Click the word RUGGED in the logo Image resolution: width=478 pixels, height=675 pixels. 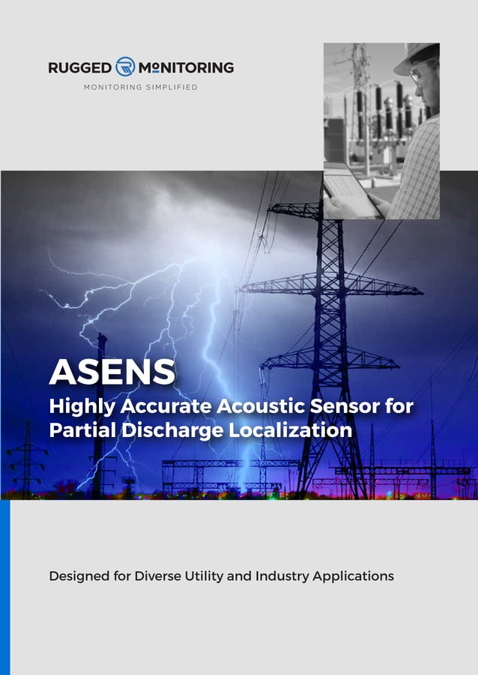[80, 68]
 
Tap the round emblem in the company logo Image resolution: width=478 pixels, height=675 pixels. [125, 67]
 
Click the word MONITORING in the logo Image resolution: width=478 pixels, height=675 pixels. [186, 68]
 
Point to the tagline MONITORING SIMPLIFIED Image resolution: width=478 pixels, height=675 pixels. [140, 88]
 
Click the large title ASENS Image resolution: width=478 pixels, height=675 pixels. [112, 371]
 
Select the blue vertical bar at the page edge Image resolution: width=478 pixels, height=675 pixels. [4, 587]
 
